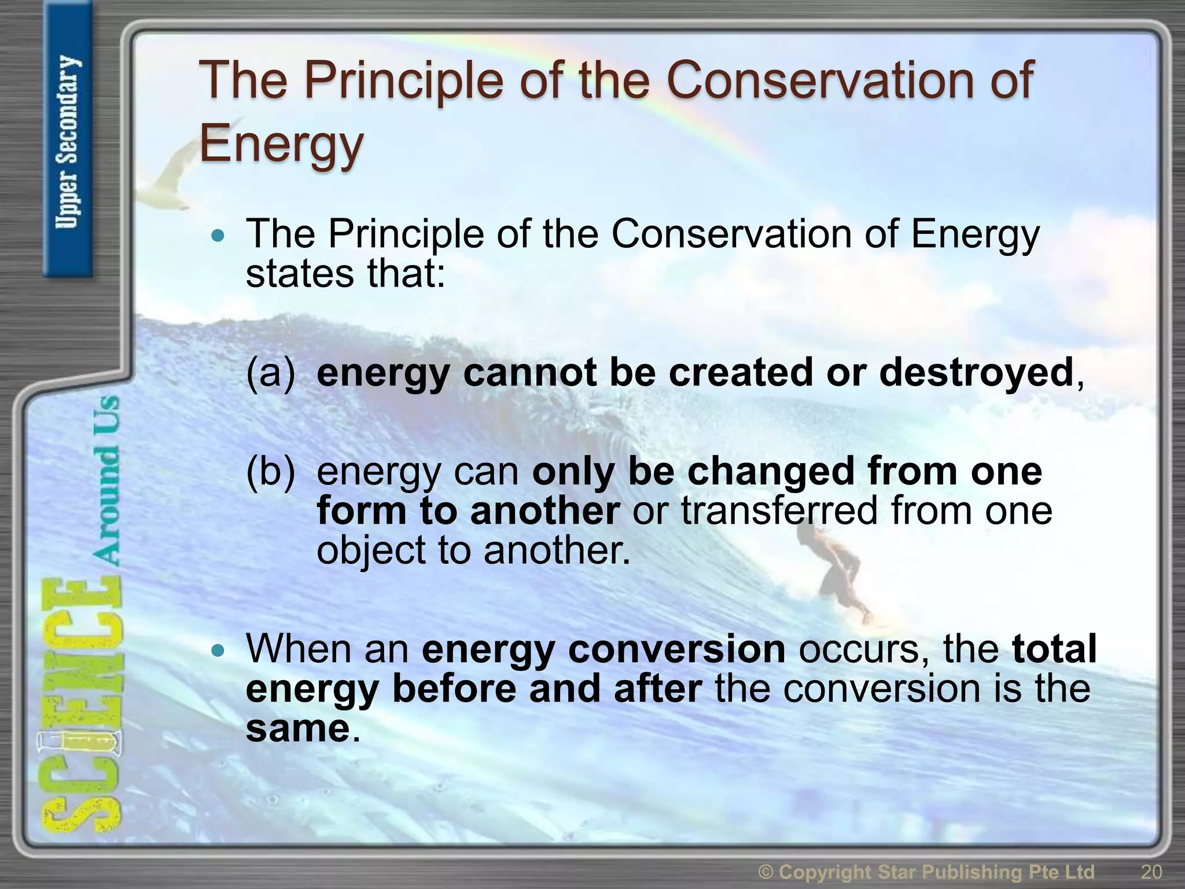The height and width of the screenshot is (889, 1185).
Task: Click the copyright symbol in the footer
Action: point(766,872)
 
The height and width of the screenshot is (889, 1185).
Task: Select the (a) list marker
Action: point(270,372)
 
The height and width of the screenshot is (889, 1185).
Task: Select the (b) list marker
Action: point(270,471)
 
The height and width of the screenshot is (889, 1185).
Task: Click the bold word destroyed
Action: point(976,372)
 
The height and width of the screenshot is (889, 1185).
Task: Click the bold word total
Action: point(1054,649)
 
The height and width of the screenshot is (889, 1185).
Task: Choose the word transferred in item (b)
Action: point(779,510)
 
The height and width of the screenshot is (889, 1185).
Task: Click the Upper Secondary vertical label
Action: point(68,142)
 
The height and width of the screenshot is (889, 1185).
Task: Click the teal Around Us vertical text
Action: point(106,480)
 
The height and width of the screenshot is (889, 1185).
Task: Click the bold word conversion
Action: point(676,649)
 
